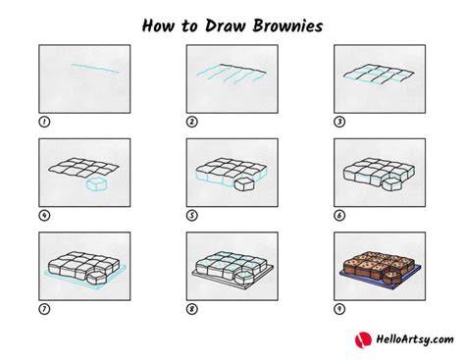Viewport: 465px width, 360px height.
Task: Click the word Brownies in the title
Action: point(287,26)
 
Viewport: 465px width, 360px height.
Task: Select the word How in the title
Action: point(158,26)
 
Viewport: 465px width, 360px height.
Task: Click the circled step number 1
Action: point(44,122)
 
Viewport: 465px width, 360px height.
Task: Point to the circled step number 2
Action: point(192,122)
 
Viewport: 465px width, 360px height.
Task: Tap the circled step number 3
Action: point(339,122)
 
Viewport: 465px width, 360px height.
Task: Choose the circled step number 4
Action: point(44,216)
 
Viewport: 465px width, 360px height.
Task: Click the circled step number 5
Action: point(192,216)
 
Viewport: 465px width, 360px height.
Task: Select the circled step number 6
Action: point(339,216)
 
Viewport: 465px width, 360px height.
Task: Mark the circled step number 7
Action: point(44,309)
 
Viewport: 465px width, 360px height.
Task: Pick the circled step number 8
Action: point(192,309)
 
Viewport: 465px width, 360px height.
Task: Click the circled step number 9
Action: point(339,309)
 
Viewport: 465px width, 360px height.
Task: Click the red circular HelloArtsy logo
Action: point(363,339)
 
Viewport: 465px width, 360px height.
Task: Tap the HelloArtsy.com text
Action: point(415,339)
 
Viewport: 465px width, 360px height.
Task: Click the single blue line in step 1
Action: point(95,69)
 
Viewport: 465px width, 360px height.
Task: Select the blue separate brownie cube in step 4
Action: point(96,184)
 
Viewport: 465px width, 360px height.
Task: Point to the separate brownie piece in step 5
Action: point(244,184)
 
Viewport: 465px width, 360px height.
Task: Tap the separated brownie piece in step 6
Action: point(391,184)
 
